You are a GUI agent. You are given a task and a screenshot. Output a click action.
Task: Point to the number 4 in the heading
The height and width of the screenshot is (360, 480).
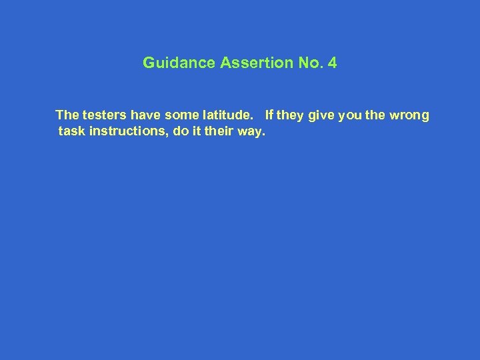(x=333, y=63)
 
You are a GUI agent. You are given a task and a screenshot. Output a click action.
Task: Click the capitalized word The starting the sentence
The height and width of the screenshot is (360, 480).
(x=67, y=115)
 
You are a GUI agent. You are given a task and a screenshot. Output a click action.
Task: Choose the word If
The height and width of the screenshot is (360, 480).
(x=269, y=115)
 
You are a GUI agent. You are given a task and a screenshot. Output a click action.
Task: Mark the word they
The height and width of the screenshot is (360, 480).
(x=289, y=115)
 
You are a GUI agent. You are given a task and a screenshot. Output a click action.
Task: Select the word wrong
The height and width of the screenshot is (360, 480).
(x=409, y=115)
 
